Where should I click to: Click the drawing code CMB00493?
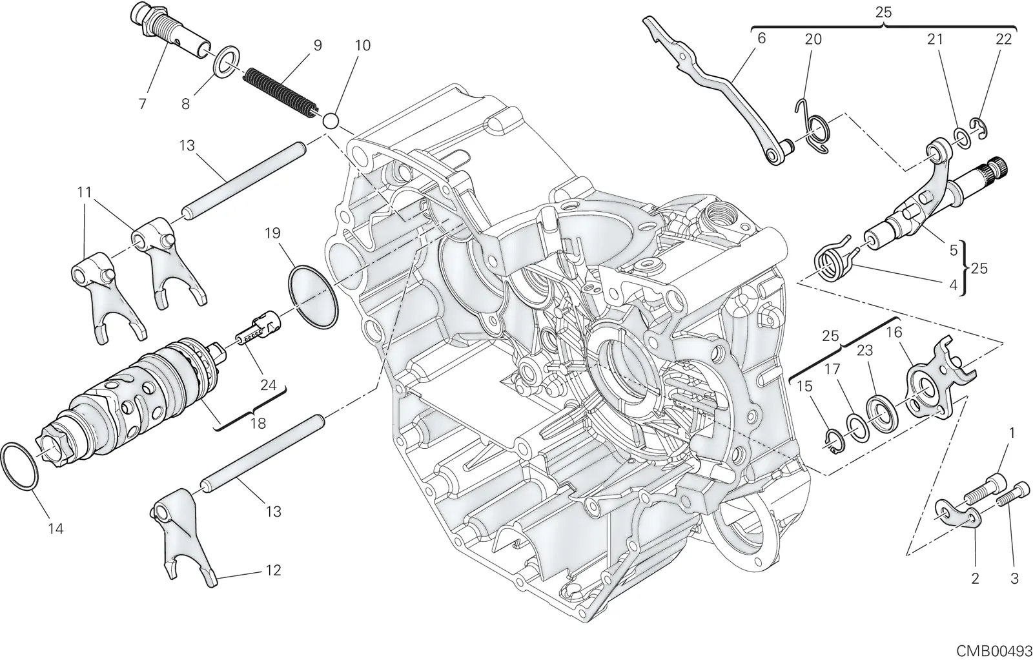point(994,651)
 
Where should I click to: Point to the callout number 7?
point(142,104)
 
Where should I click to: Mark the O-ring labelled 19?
point(313,296)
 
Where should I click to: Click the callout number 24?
point(268,385)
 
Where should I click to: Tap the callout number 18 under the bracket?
point(258,423)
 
